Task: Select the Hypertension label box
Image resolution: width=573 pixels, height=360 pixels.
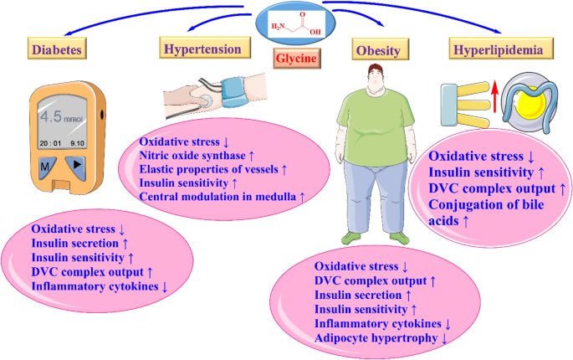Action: (204, 49)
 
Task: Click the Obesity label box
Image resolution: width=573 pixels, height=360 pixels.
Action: (378, 51)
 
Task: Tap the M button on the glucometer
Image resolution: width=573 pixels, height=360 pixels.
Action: (45, 167)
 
